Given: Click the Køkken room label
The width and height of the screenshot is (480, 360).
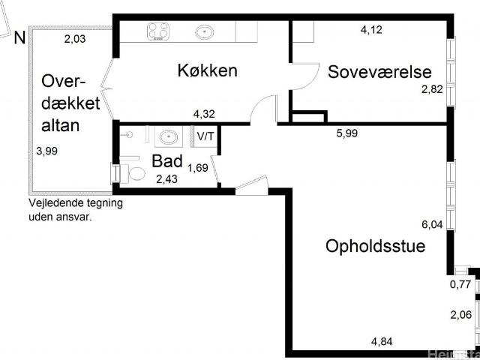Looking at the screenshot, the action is point(207,70).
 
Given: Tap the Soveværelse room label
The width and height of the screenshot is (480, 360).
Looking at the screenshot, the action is point(379,72).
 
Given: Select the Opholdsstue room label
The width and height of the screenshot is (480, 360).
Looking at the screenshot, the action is point(375,247).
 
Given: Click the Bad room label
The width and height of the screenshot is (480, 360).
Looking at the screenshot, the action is point(167,161).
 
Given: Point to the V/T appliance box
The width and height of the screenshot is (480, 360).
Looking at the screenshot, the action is point(205,136).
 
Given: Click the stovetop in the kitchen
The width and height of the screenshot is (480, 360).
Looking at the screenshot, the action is point(158,31).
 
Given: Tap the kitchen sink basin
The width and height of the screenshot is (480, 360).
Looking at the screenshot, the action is point(205,31).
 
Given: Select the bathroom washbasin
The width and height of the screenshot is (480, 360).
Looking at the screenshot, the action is point(169,136).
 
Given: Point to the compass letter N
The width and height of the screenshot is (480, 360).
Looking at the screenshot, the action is point(19,38).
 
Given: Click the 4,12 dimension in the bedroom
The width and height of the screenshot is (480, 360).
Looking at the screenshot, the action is point(371,30).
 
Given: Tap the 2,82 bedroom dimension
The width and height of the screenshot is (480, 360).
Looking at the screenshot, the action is point(432,90).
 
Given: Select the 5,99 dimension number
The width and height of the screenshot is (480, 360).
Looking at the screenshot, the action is point(346,133).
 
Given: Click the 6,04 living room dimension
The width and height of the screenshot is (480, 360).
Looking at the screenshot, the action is point(432,225).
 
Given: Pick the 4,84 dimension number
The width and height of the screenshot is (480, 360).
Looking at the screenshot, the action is point(382,341).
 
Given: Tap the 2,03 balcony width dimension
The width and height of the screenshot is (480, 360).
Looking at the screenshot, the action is point(75,39).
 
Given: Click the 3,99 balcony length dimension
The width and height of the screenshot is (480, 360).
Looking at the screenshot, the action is point(46,151).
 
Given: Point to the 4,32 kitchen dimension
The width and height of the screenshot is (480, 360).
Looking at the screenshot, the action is point(204,114).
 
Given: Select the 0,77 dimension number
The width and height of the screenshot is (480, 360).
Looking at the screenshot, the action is point(460,284).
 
